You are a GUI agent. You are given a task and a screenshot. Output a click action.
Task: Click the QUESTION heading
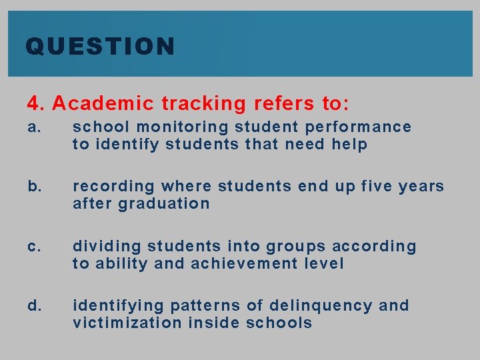[x=100, y=47]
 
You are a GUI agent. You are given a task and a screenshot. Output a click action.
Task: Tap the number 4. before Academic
[x=36, y=104]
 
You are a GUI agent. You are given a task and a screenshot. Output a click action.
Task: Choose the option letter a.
[x=33, y=127]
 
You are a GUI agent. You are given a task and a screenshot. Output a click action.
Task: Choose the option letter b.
[x=33, y=186]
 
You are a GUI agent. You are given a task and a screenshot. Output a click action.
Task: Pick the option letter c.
[x=33, y=246]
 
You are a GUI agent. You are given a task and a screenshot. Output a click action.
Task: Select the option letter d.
[x=33, y=305]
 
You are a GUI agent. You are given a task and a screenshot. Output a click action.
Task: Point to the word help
[x=349, y=145]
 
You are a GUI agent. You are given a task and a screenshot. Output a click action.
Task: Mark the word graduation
[x=164, y=204]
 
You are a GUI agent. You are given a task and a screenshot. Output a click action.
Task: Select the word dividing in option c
[x=106, y=247]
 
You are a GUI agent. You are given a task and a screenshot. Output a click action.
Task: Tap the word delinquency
[x=321, y=306]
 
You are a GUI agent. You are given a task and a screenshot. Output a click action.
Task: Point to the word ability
[x=122, y=264]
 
